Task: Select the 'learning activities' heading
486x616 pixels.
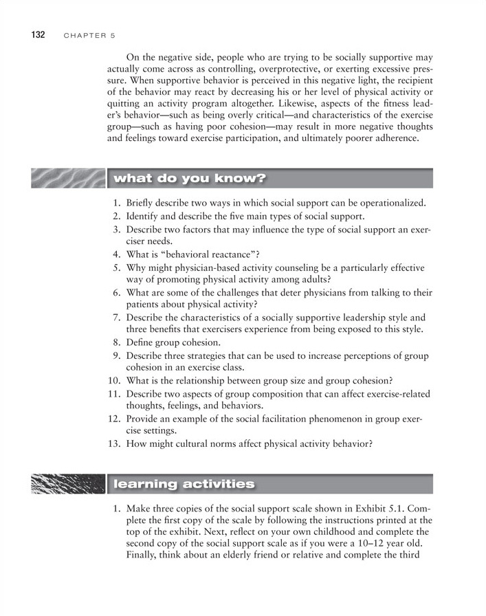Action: (184, 484)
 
